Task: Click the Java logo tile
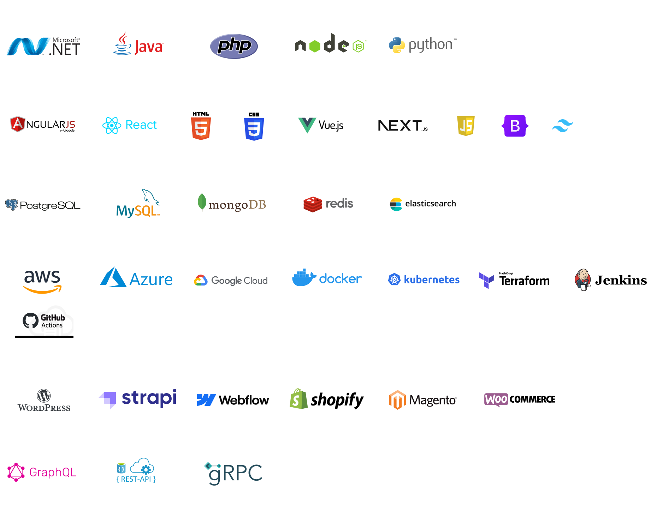(x=138, y=46)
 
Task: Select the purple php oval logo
(x=234, y=46)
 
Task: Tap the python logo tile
(x=422, y=46)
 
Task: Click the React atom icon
(x=112, y=125)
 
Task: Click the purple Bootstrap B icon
(x=515, y=126)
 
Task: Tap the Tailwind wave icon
(x=562, y=126)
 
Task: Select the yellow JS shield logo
(x=466, y=126)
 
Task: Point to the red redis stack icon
(x=313, y=204)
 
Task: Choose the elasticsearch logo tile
(x=422, y=204)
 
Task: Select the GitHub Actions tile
(x=43, y=322)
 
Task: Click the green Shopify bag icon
(x=298, y=399)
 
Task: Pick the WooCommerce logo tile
(x=517, y=399)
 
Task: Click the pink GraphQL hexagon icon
(x=16, y=472)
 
